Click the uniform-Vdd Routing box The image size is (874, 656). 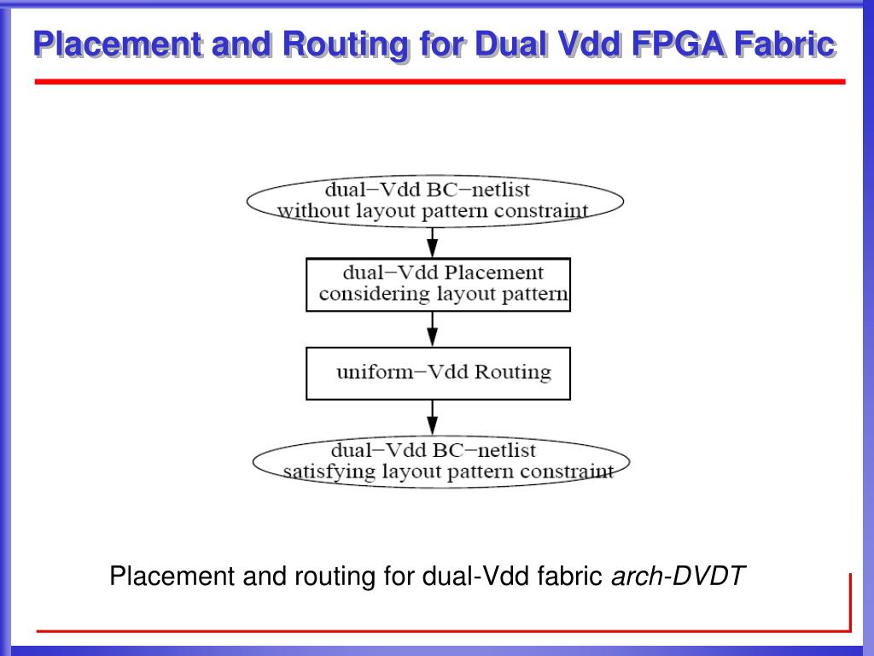438,372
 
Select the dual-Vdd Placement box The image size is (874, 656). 438,284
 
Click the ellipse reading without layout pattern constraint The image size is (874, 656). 434,201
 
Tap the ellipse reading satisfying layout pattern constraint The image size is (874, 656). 440,461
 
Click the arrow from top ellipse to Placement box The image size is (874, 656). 433,242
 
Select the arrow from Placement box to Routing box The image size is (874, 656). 433,329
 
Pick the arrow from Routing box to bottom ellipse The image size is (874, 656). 433,418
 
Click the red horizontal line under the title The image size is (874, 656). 440,82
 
